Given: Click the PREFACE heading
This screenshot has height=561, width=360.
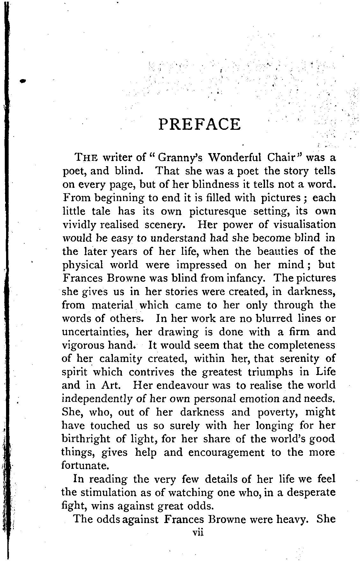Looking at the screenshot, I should point(199,124).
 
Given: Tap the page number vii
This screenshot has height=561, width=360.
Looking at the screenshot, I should point(196,533).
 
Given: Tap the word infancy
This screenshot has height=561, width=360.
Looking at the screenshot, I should point(245,278).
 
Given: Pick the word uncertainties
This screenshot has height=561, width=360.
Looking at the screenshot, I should point(95,332).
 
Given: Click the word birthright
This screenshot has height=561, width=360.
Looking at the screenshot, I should point(86,439).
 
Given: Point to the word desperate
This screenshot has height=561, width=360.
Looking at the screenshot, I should point(310,492).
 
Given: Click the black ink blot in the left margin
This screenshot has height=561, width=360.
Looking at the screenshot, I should point(22,81).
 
